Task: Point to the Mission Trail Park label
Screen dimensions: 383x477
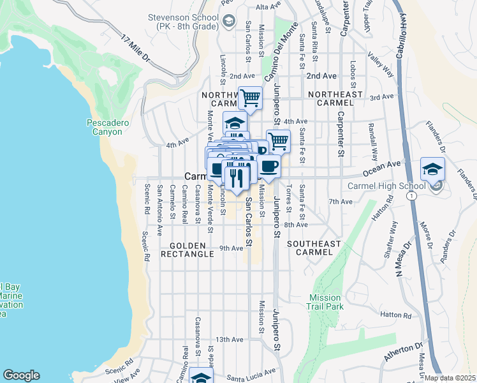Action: (x=327, y=302)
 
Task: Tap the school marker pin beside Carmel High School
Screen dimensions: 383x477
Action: (x=432, y=170)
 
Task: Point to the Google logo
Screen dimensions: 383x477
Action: (x=21, y=375)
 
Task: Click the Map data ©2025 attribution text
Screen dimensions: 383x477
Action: (x=450, y=378)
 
